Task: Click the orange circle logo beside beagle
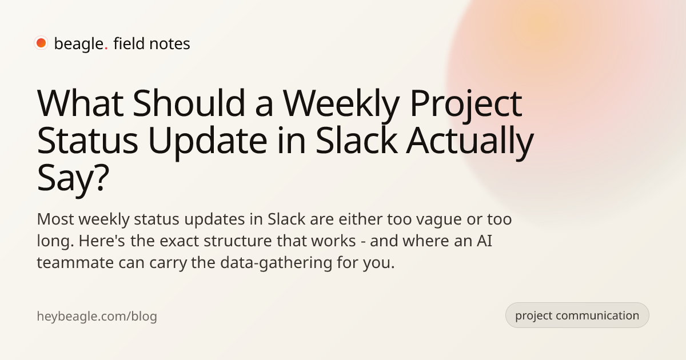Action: tap(41, 43)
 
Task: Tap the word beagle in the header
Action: tap(79, 44)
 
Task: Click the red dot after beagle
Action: tap(106, 49)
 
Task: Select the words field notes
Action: tap(151, 43)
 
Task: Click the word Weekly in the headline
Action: tap(341, 105)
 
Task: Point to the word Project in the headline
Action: tap(466, 105)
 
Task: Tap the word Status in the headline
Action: tap(87, 141)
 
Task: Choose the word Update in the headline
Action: tap(208, 142)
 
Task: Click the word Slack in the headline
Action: tap(357, 140)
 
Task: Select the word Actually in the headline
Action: tap(470, 142)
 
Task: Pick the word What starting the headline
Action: tap(80, 103)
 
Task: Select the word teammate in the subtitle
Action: tap(75, 263)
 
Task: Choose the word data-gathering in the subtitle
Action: tap(276, 263)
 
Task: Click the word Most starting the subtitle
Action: tap(55, 219)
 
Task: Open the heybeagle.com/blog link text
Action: tap(97, 316)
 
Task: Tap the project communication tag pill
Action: tap(577, 315)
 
